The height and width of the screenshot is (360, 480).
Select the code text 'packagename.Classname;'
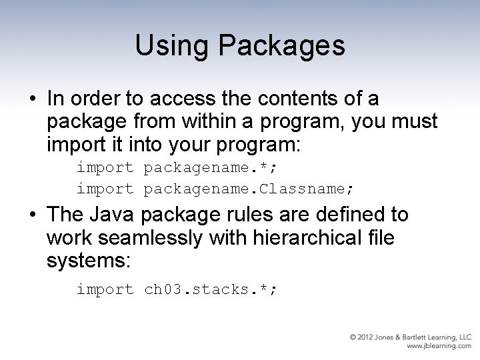tap(249, 189)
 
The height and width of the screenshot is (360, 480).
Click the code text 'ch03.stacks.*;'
tap(210, 289)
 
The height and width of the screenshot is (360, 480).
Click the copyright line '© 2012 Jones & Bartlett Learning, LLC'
tap(411, 337)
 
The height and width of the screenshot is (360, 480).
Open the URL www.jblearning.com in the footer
tap(439, 347)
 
